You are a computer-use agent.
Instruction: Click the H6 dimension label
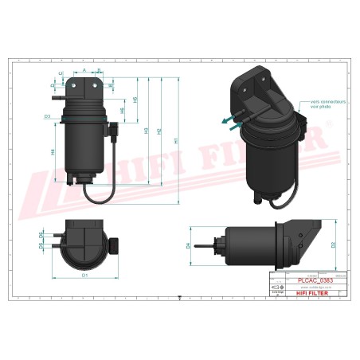click(x=122, y=111)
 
